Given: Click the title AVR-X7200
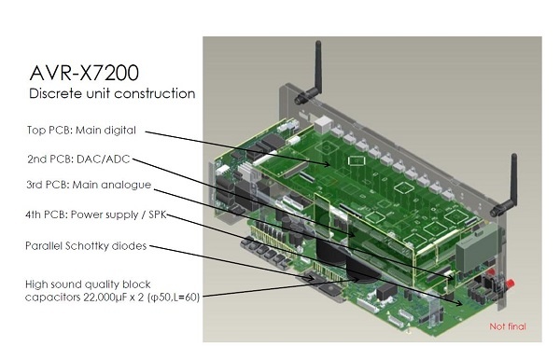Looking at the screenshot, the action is tap(84, 73).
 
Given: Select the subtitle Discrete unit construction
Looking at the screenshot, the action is tap(112, 93).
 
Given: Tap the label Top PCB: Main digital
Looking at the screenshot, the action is tap(81, 131).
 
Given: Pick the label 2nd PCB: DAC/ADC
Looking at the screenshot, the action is tap(78, 159).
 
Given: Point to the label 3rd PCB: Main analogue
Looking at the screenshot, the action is tap(89, 185).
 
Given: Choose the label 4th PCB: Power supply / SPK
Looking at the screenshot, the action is tap(96, 215).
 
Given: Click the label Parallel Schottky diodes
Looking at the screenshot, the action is tap(86, 246).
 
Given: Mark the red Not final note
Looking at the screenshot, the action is tap(508, 326).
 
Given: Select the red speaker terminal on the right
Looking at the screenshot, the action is tap(510, 284).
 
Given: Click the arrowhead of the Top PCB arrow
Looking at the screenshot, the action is tap(328, 164).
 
